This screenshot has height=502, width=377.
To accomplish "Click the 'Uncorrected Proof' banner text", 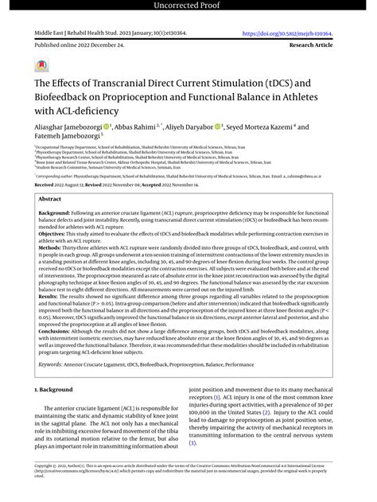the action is (188, 7).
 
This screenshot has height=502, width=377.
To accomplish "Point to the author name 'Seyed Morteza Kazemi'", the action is (268, 126).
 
